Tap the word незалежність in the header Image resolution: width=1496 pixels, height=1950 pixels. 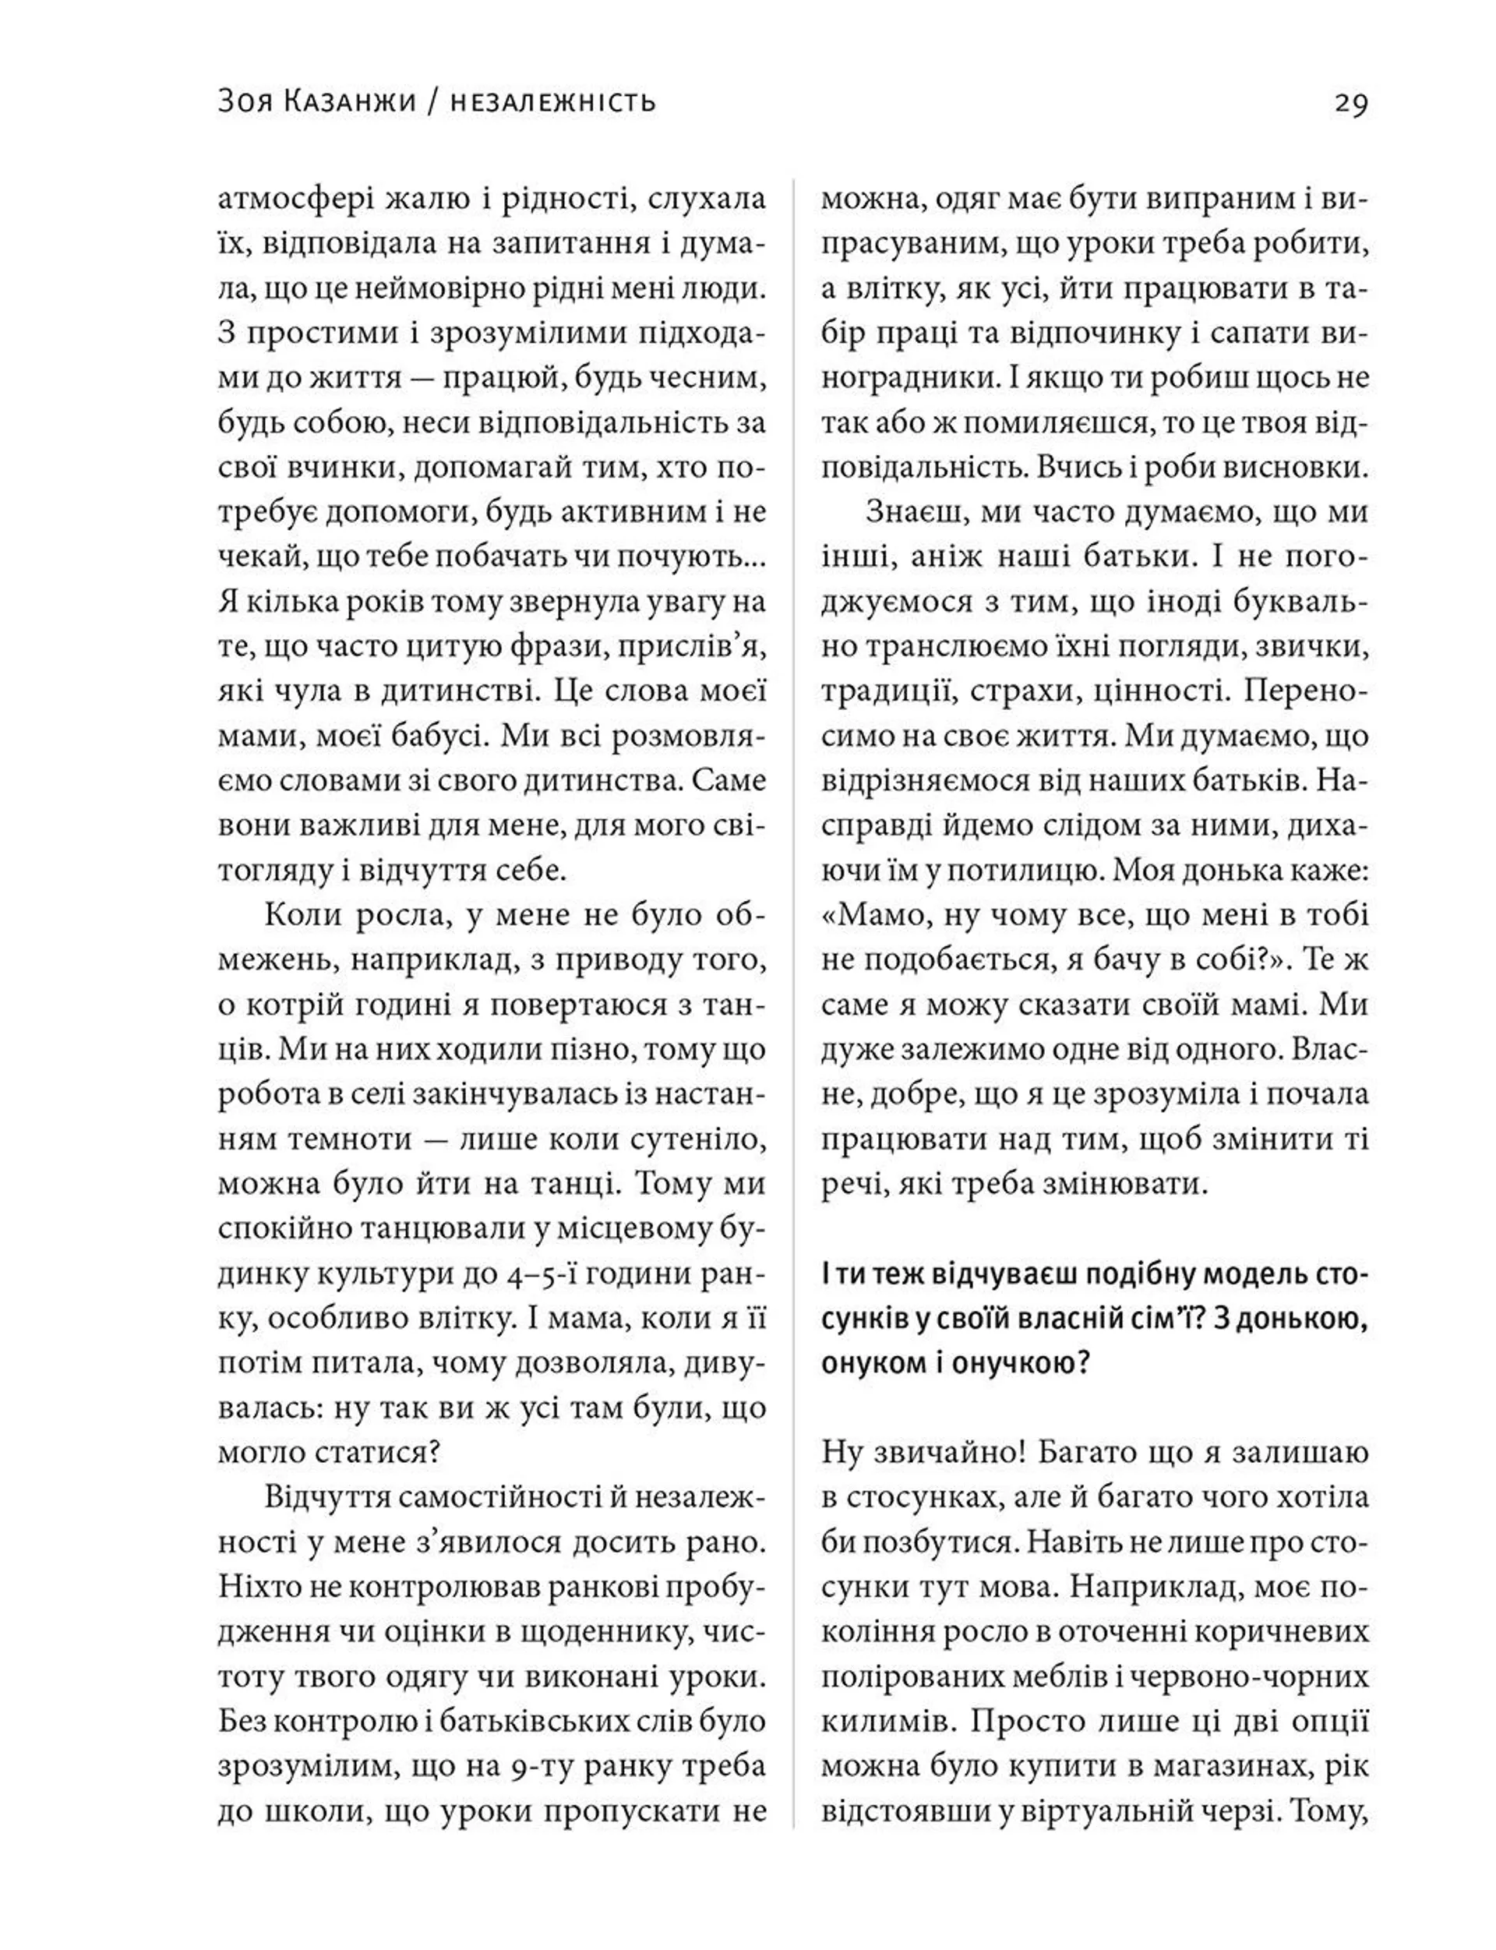coord(554,102)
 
